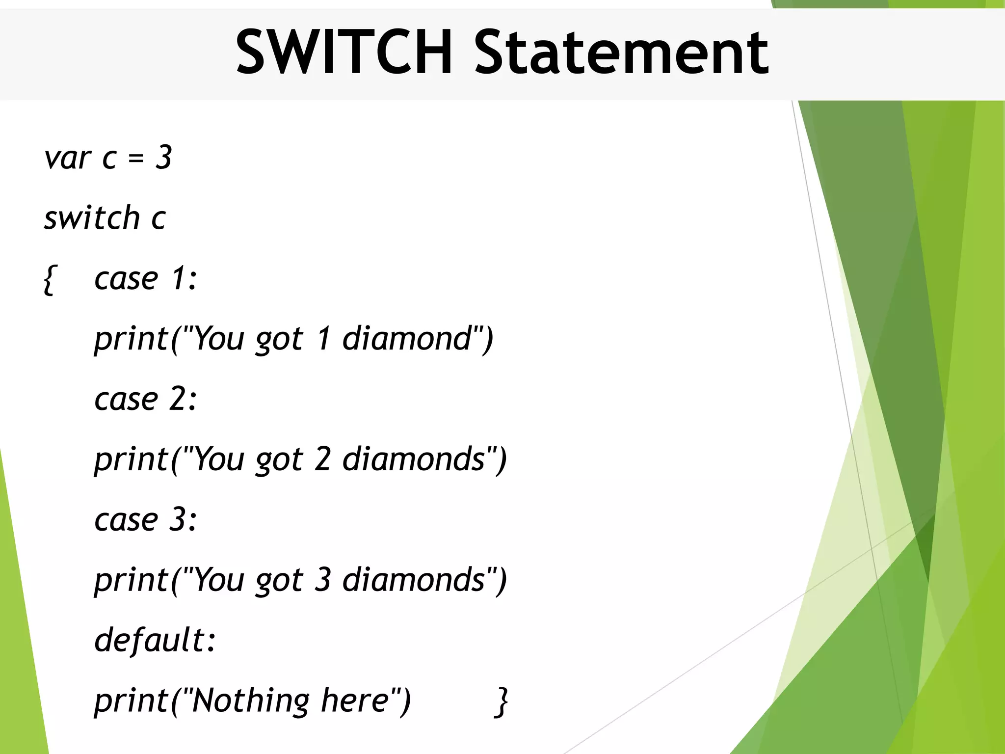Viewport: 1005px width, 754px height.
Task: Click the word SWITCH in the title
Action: tap(344, 52)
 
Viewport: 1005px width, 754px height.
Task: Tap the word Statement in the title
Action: tap(621, 52)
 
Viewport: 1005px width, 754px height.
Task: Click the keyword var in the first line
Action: tap(67, 158)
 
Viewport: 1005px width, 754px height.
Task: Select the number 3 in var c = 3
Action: tap(163, 158)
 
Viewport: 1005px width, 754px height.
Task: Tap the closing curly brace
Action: tap(501, 702)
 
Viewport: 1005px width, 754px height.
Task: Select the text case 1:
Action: tap(145, 279)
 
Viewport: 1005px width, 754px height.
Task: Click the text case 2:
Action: tap(145, 399)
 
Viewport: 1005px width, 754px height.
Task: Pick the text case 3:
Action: tap(145, 519)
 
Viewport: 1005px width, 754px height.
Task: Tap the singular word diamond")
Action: tap(417, 339)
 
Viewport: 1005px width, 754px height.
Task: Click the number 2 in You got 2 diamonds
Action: tap(322, 459)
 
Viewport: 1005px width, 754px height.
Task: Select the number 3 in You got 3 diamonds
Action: tap(322, 580)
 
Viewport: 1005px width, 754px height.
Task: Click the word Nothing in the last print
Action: tap(250, 700)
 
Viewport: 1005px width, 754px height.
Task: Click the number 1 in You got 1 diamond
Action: tap(323, 339)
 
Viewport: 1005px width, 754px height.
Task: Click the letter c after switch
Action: tap(158, 218)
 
